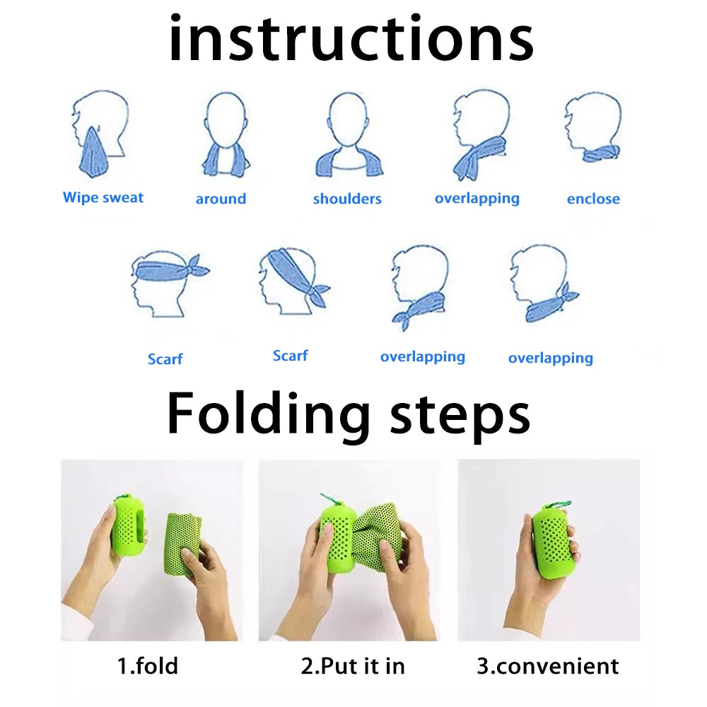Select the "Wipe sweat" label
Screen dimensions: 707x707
point(103,197)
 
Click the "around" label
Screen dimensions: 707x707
point(221,199)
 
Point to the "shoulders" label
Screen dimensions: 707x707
point(347,199)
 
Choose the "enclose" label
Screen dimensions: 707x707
point(592,199)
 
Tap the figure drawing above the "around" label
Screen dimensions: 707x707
point(226,134)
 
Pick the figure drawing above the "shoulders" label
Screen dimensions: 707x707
point(349,135)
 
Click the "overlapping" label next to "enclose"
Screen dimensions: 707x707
point(477,198)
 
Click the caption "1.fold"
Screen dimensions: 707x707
point(147,665)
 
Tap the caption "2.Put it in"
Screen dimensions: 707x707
point(353,665)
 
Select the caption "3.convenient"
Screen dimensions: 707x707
point(547,665)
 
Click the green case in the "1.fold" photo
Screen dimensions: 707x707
point(128,525)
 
